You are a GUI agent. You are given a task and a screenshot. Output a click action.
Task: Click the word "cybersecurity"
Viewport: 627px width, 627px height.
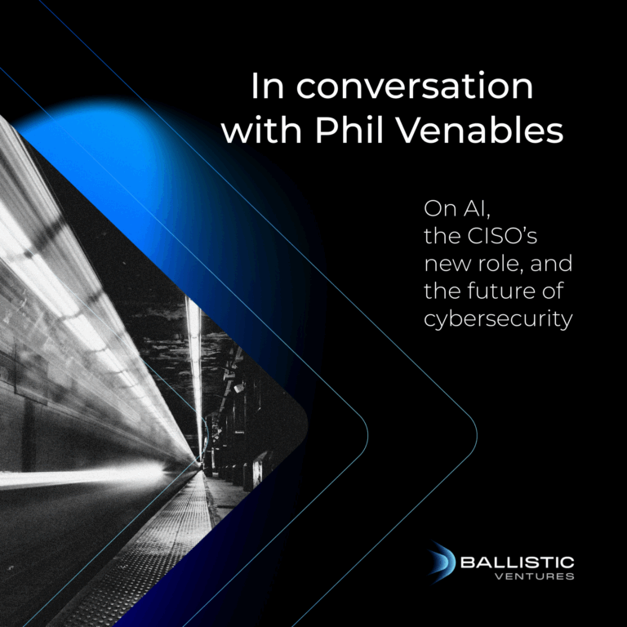tap(497, 319)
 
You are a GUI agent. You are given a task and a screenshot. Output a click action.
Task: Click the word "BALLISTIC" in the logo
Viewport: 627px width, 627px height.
tap(517, 563)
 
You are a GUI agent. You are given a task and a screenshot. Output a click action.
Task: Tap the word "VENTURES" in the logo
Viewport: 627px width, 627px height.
tap(535, 577)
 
